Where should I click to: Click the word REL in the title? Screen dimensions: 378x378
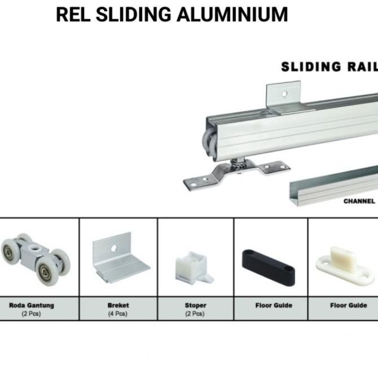pos(73,15)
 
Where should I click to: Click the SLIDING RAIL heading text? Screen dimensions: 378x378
pos(329,67)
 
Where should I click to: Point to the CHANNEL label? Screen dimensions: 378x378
pos(359,201)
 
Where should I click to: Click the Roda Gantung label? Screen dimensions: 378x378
pos(32,305)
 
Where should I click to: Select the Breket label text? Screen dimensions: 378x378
pos(118,305)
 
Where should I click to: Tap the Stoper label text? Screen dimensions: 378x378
pos(195,305)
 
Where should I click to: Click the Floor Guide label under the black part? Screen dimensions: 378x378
pos(274,305)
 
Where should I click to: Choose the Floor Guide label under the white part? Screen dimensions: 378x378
pos(348,305)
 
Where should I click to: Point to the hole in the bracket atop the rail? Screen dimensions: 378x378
pos(285,94)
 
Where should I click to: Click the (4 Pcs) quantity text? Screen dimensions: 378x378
pos(117,314)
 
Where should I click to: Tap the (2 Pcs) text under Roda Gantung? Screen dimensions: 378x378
pos(32,314)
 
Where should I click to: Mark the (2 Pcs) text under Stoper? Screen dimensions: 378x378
pos(195,314)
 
